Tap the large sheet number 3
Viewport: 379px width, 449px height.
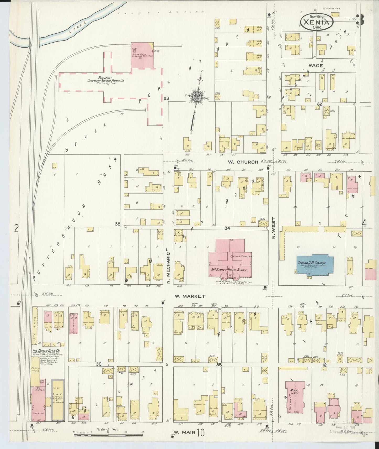(x=360, y=20)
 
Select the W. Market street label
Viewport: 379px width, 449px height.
(x=190, y=296)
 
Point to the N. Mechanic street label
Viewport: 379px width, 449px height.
(x=168, y=268)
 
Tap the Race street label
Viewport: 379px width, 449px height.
(x=316, y=65)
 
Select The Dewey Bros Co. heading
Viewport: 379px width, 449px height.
(x=46, y=351)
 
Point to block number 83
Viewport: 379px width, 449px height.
(x=166, y=98)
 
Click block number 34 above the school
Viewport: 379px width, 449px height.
(x=227, y=228)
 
